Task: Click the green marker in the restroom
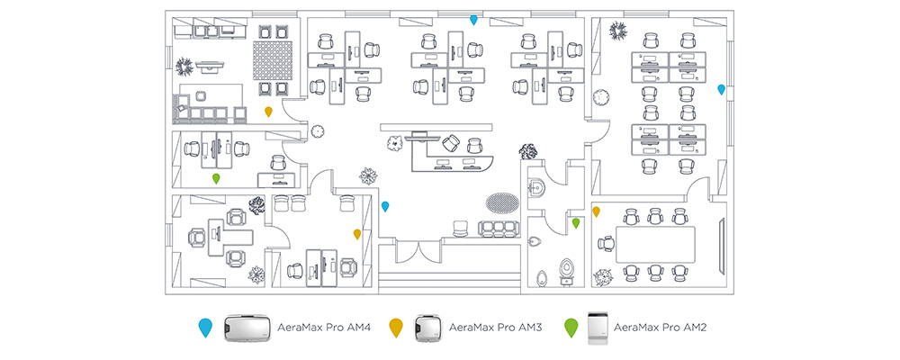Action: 576,221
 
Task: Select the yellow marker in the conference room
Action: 596,211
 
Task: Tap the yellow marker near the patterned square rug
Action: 268,111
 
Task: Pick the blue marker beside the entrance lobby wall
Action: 385,206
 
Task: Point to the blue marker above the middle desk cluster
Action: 473,20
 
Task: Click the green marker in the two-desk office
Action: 216,178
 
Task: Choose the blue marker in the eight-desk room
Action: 721,89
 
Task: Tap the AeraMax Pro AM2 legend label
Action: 660,328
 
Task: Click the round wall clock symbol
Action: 317,131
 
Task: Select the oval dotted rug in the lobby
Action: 501,199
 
